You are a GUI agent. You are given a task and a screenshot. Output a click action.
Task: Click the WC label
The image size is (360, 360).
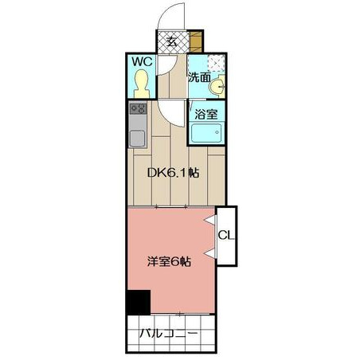click(143, 61)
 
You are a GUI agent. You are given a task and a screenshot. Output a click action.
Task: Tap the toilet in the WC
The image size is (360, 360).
click(142, 84)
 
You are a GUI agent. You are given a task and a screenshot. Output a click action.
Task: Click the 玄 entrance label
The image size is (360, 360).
click(172, 41)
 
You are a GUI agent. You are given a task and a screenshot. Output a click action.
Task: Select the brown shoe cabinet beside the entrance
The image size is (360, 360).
click(196, 41)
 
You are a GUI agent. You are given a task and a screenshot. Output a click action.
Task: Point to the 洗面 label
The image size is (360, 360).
click(199, 77)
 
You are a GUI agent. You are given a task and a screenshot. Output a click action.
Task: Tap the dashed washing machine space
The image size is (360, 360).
click(216, 64)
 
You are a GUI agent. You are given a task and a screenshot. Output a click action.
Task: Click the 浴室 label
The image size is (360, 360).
click(206, 114)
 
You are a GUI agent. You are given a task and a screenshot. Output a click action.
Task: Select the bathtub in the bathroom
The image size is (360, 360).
click(206, 133)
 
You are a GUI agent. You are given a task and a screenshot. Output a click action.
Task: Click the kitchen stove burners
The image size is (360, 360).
click(138, 108)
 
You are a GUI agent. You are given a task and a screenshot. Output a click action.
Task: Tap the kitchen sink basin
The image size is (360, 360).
click(138, 139)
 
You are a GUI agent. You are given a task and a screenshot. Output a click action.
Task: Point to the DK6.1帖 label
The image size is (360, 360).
click(173, 173)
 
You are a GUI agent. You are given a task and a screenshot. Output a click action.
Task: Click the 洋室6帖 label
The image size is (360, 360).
click(169, 262)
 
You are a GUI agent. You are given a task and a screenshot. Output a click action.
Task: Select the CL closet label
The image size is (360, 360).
click(226, 235)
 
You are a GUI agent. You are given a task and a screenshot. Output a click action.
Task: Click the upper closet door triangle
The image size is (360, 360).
click(211, 220)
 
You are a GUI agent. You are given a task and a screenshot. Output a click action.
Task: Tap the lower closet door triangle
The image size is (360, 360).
click(211, 253)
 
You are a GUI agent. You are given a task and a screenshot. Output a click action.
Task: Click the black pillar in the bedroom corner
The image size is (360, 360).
click(139, 303)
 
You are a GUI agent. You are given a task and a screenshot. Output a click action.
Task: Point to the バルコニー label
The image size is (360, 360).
click(169, 333)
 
